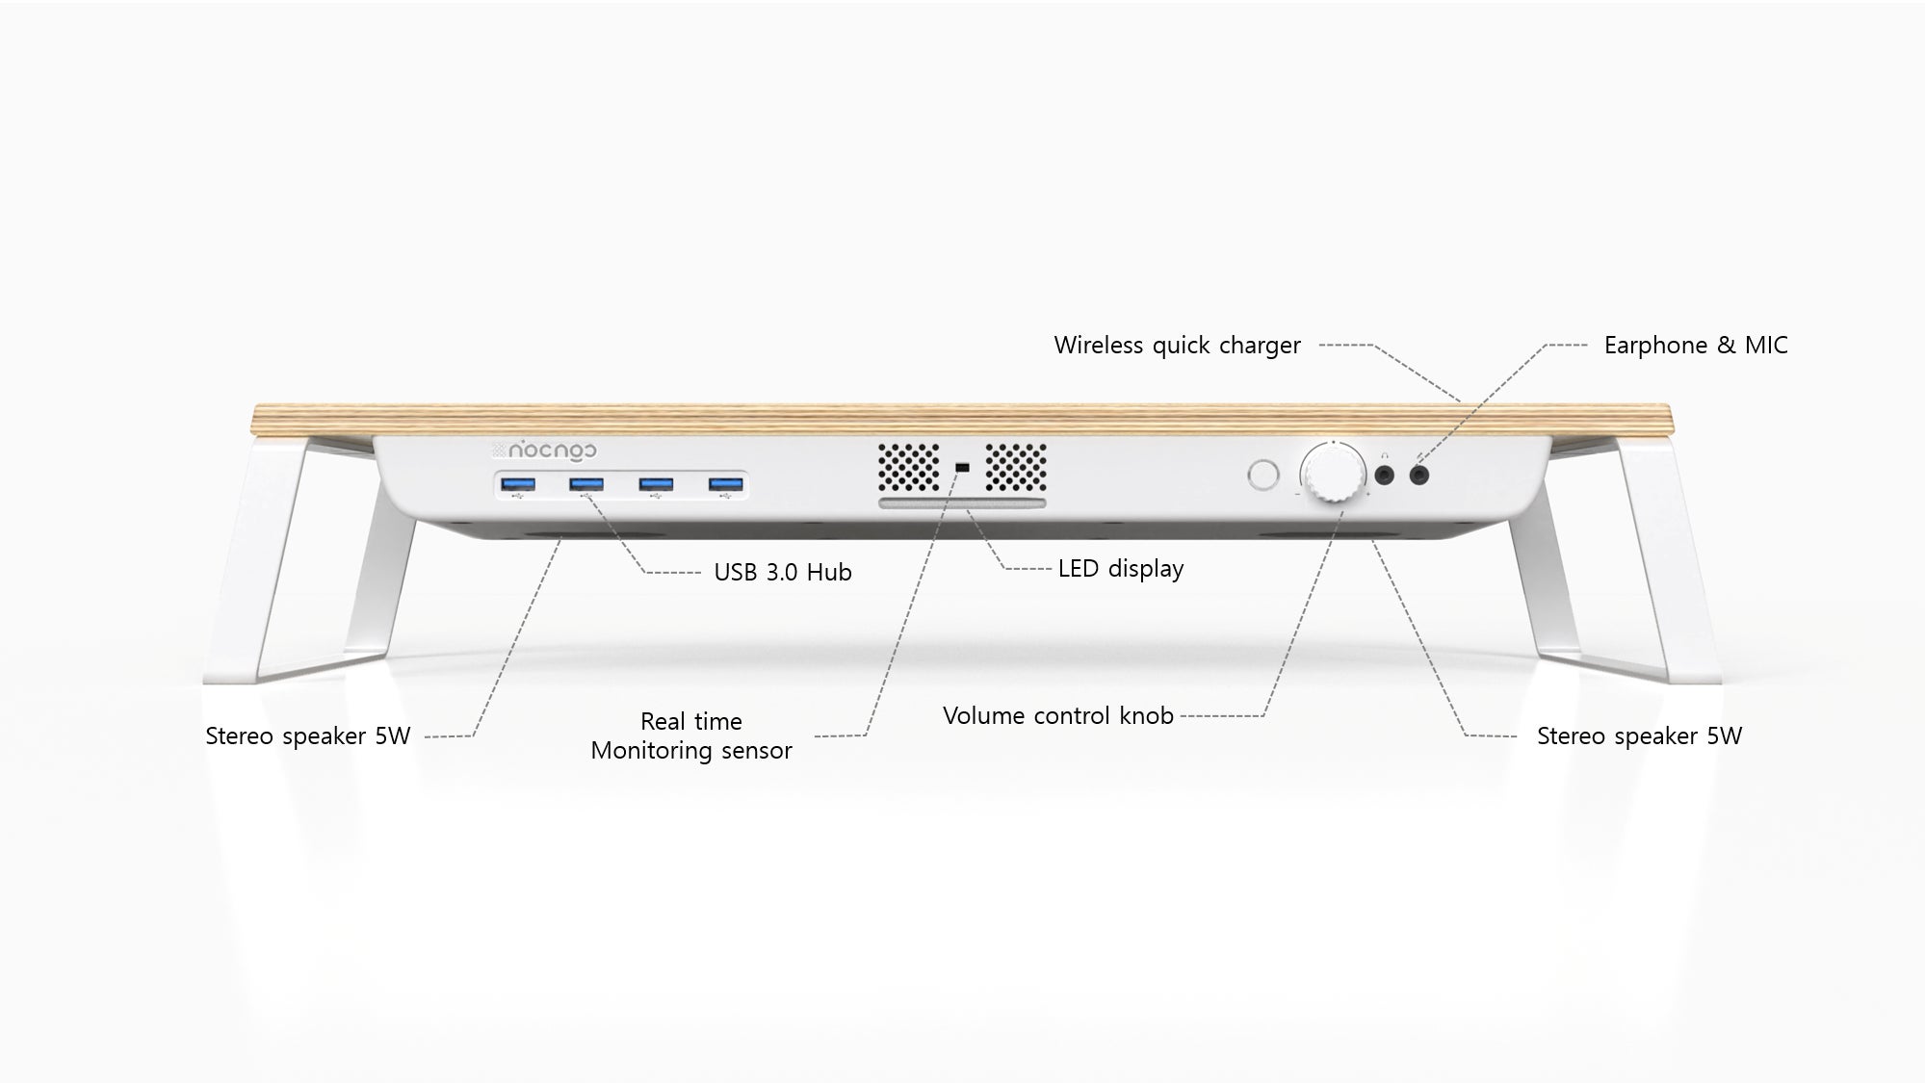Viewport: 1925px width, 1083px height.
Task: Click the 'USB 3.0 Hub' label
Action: [x=783, y=572]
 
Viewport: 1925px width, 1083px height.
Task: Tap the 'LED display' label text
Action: [x=1121, y=568]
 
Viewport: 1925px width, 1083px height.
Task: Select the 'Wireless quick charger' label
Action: [x=1177, y=345]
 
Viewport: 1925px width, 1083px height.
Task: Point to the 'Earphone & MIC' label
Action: [x=1696, y=345]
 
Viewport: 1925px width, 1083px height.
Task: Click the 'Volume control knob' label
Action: [x=1058, y=715]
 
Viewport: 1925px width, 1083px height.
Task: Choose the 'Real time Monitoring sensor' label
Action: [x=691, y=735]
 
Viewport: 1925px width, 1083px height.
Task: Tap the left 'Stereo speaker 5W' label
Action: [x=308, y=735]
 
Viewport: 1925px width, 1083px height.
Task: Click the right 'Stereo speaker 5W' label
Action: [x=1639, y=735]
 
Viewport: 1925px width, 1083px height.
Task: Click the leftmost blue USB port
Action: [x=519, y=484]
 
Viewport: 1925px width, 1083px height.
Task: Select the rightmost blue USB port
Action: [x=726, y=484]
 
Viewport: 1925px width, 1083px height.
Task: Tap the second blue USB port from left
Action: [x=585, y=484]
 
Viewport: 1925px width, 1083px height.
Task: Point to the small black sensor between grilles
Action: [x=961, y=468]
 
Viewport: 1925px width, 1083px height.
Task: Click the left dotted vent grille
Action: [x=909, y=468]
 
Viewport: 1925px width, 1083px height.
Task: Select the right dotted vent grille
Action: [x=1015, y=468]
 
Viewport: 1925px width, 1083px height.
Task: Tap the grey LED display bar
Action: [x=961, y=504]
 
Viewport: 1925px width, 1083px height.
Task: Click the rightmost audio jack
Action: [x=1419, y=475]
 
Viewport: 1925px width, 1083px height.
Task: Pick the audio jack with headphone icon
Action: [x=1386, y=475]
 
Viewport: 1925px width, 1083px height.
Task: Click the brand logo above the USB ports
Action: [x=544, y=450]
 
